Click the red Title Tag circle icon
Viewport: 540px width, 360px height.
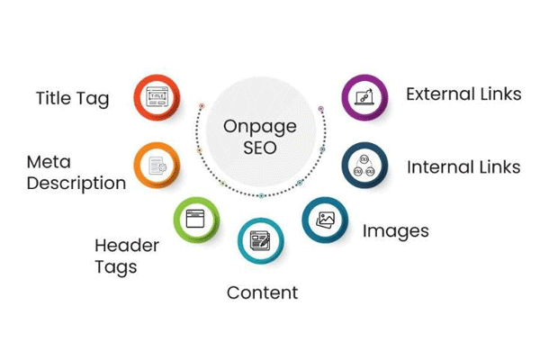157,97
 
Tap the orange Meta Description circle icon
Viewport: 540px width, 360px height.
157,166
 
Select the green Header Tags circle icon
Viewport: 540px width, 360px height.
196,220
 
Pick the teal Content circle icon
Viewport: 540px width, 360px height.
261,241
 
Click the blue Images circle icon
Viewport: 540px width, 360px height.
325,220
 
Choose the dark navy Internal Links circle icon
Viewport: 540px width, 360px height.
364,166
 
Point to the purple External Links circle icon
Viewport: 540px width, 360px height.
364,97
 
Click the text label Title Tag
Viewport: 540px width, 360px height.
73,99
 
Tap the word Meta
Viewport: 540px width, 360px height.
49,162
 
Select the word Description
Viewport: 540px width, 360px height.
76,184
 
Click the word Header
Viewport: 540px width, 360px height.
127,246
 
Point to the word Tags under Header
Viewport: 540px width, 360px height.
116,267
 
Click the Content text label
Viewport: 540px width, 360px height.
263,292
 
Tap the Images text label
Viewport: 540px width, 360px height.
396,231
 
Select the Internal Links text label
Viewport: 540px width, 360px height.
463,167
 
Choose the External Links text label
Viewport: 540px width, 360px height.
463,94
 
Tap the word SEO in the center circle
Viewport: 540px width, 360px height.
260,148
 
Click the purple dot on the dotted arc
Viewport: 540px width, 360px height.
321,109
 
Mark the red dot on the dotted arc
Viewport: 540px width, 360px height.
202,106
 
